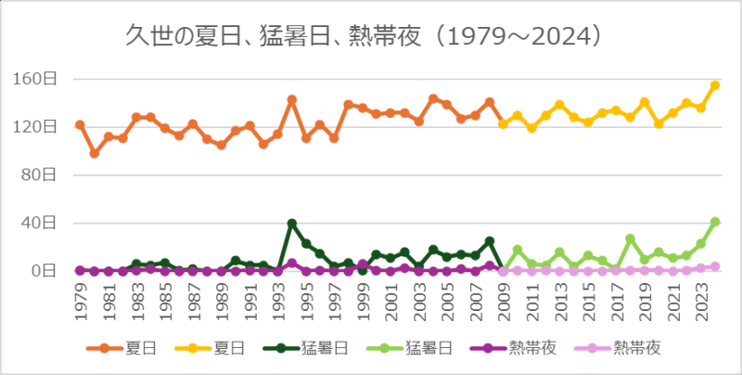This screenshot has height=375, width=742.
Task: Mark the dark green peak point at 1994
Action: click(x=291, y=223)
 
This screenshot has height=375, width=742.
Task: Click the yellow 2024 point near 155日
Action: click(x=715, y=85)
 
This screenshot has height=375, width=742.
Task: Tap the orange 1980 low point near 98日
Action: click(x=94, y=153)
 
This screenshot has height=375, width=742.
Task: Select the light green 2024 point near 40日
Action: click(x=715, y=222)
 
